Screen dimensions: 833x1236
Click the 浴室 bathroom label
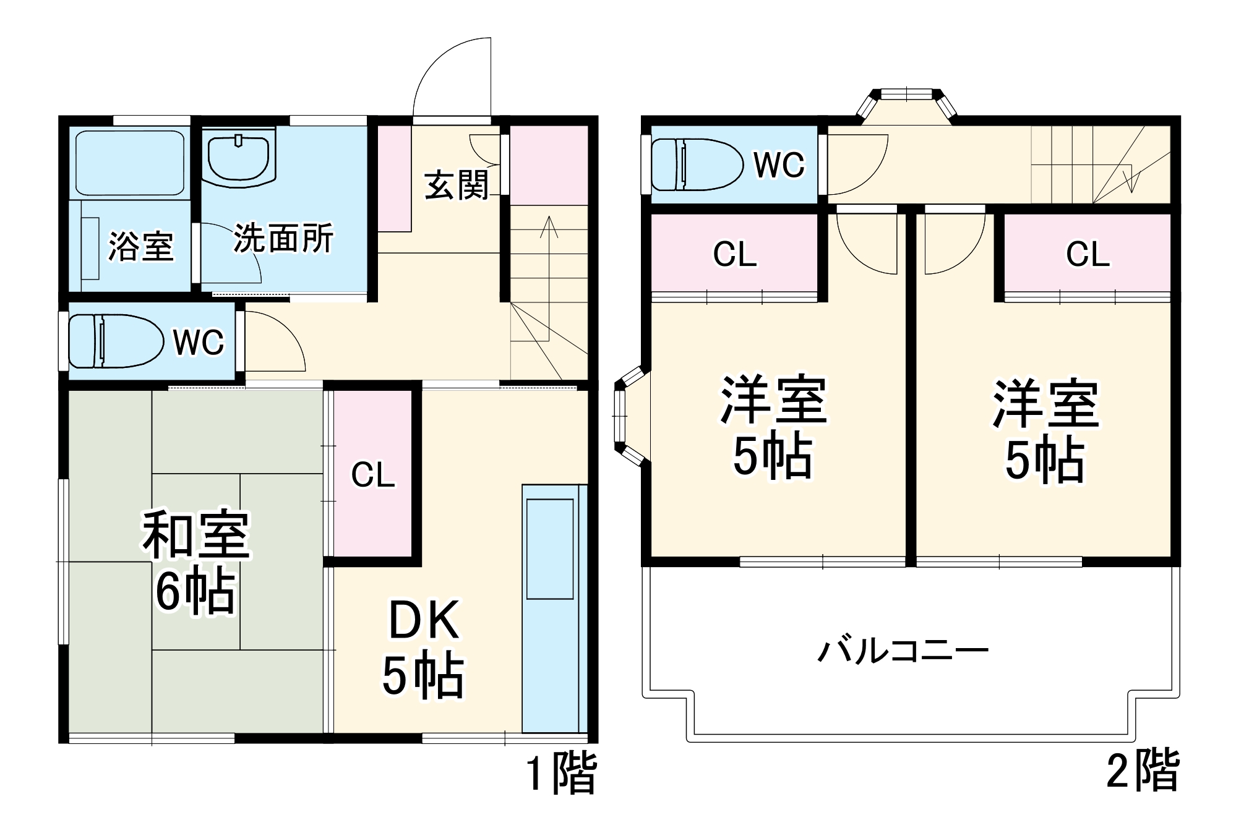tap(141, 246)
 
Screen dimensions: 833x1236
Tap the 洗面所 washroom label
tap(283, 238)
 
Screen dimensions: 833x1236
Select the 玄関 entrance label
tap(457, 185)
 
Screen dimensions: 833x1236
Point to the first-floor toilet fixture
tap(115, 341)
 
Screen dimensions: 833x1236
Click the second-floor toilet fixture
tap(697, 164)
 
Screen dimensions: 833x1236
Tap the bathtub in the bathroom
tap(129, 162)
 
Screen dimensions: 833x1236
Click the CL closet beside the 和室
tap(373, 474)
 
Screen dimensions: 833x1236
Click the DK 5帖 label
tap(424, 647)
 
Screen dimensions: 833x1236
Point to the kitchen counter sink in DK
tap(550, 549)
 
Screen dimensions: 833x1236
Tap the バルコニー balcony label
tap(903, 651)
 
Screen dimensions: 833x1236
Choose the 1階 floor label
tap(561, 772)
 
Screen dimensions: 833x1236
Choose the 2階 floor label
tap(1143, 771)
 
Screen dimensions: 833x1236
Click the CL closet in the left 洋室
tap(734, 254)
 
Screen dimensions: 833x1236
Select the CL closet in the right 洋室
tap(1088, 254)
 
